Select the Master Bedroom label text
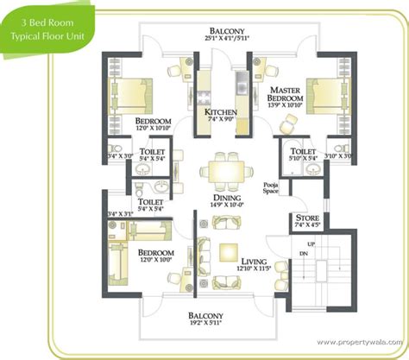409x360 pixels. point(286,95)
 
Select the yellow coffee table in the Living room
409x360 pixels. point(228,251)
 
